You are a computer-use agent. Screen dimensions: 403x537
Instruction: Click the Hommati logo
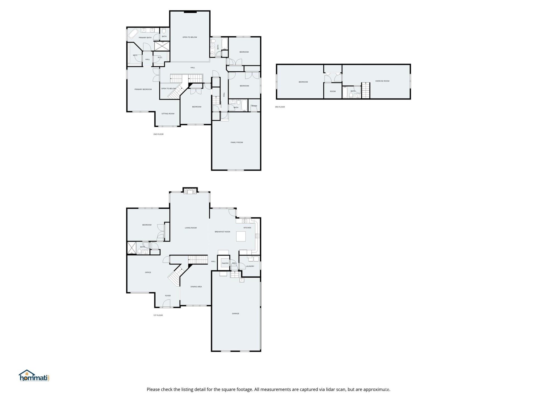tap(34, 376)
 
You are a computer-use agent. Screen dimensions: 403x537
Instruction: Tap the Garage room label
tap(235, 313)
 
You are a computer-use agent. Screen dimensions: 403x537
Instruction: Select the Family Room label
tap(237, 142)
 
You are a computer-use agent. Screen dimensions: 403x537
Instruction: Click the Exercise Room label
tap(382, 81)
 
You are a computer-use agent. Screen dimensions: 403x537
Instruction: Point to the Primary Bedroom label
tap(143, 90)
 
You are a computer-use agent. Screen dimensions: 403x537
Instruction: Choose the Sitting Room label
tap(168, 114)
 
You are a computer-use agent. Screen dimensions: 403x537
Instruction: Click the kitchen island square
tap(241, 236)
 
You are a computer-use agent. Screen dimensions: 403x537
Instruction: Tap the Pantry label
tap(225, 263)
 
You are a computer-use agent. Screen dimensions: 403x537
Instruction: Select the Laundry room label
tap(250, 266)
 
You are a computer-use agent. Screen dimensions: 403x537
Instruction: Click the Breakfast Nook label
tap(222, 232)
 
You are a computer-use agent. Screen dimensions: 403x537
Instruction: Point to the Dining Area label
tap(196, 287)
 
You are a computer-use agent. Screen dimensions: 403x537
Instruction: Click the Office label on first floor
tap(148, 272)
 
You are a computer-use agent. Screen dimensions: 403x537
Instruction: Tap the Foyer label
tap(168, 296)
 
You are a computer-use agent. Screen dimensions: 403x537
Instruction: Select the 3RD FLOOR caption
tap(280, 107)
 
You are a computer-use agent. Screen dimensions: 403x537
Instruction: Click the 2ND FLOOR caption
tap(158, 134)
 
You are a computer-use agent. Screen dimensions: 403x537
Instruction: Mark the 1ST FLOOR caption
tap(158, 315)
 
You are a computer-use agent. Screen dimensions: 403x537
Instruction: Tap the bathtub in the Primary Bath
tap(133, 34)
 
